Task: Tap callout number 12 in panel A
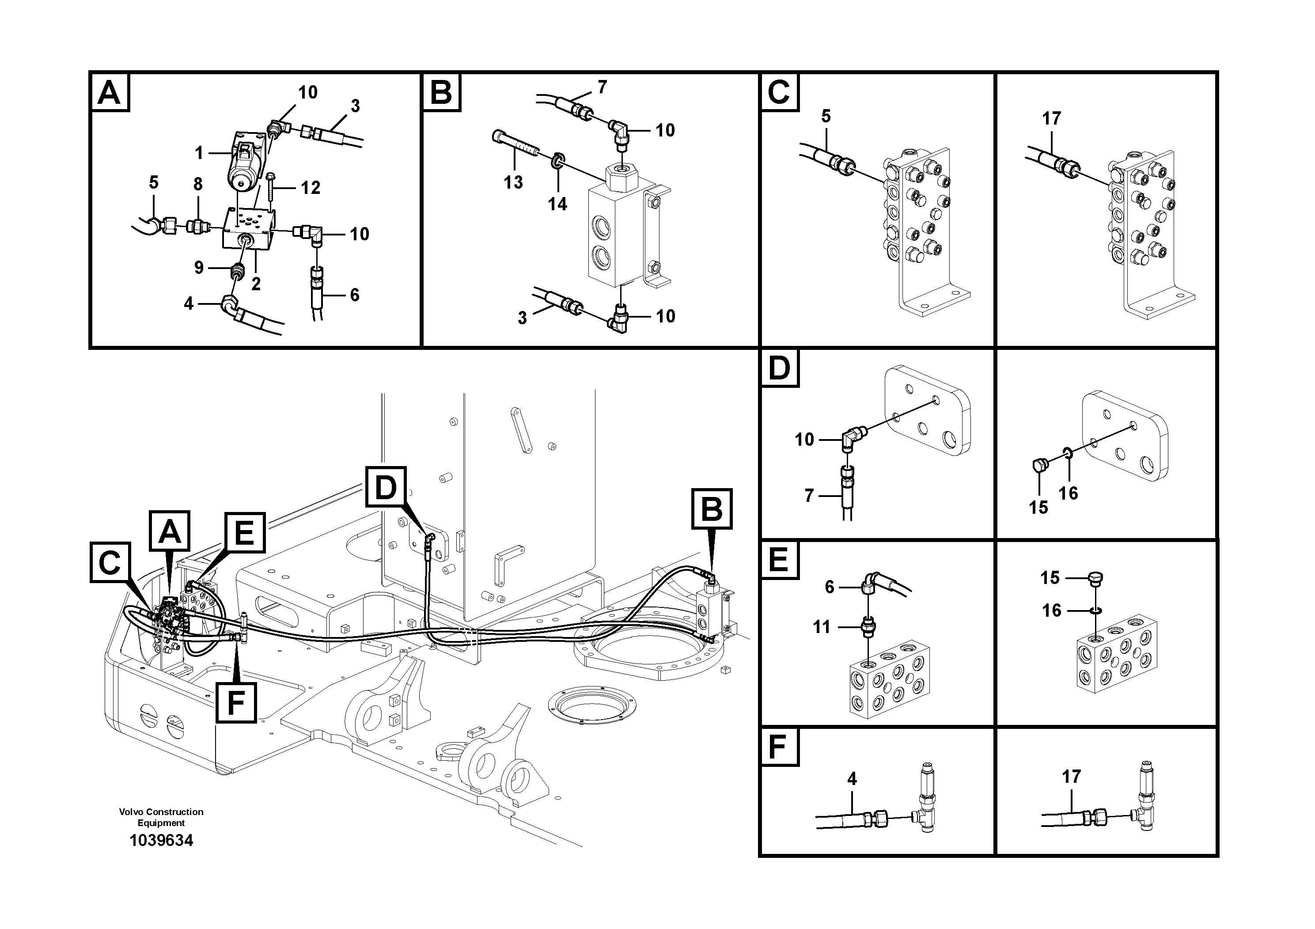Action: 311,187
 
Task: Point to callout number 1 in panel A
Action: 199,153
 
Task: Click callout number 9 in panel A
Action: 199,267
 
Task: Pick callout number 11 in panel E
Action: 821,627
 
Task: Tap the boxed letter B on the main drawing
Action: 712,508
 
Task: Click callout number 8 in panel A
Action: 197,184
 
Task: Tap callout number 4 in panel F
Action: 852,779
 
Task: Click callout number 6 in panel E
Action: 829,587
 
